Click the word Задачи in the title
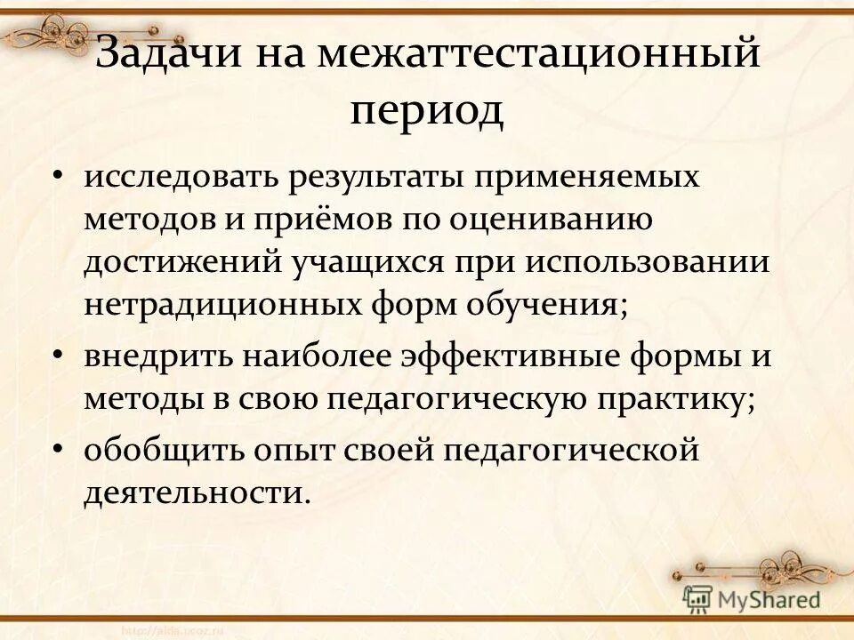click(170, 58)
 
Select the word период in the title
click(427, 113)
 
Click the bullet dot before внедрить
click(58, 356)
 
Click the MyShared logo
click(752, 599)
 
